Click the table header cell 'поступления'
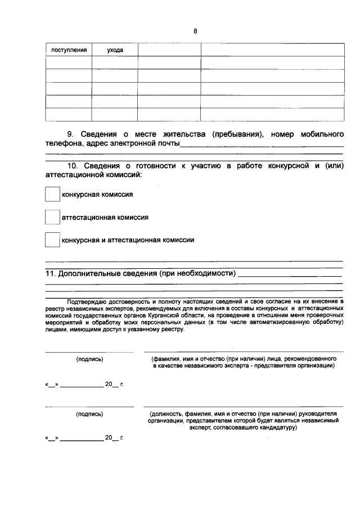pos(69,50)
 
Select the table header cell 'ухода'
pos(115,50)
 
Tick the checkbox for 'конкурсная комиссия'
pos(52,195)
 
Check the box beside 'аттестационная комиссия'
pos(52,217)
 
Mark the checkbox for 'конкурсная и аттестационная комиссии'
pos(52,240)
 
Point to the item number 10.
pos(73,166)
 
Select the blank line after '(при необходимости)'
pos(290,276)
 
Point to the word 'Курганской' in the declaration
pos(163,317)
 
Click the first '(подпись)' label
pos(89,358)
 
